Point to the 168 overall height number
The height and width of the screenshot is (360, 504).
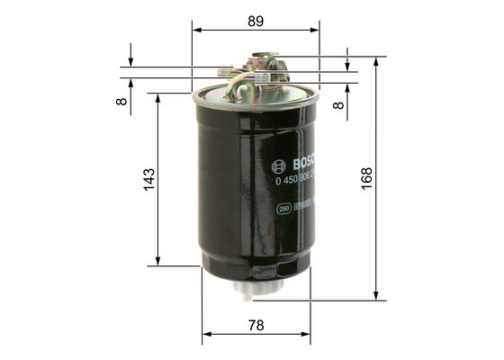coord(366,177)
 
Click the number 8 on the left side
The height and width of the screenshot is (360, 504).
coord(121,101)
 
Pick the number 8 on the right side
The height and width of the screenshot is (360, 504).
coord(337,104)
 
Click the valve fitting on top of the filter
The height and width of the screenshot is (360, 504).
coord(263,65)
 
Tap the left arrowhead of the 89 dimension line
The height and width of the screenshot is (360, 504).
coord(195,30)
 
